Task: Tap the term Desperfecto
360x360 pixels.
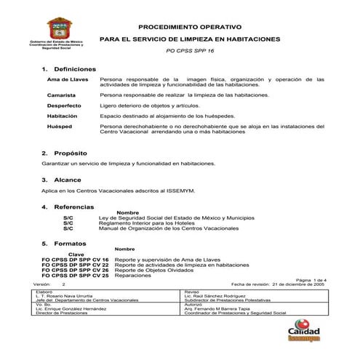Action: [64, 106]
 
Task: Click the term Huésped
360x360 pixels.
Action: [60, 126]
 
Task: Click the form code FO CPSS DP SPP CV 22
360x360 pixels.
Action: [75, 265]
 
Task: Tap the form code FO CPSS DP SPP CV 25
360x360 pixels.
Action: [75, 276]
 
